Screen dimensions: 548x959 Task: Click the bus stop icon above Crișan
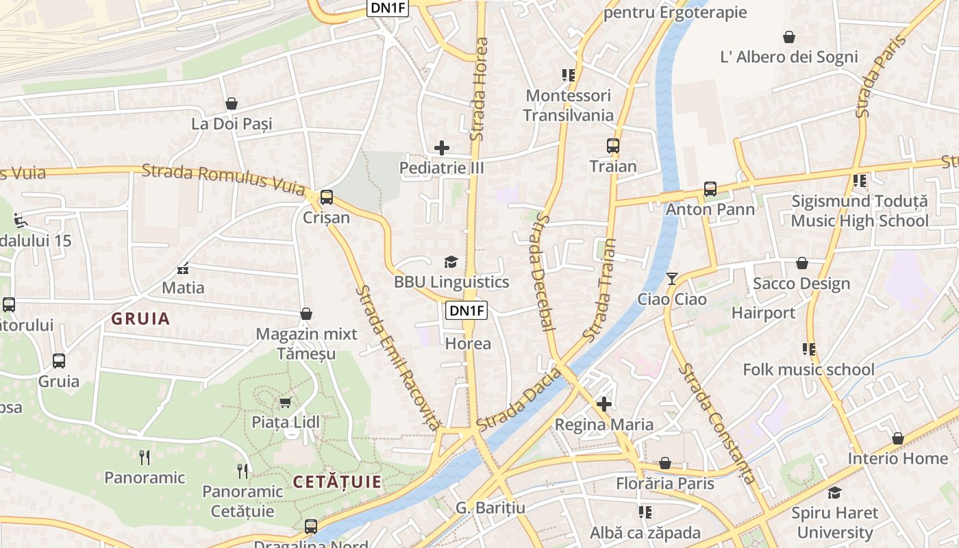pyautogui.click(x=327, y=197)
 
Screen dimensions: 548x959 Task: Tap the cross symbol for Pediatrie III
pyautogui.click(x=442, y=147)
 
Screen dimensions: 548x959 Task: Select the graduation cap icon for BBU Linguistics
pyautogui.click(x=451, y=262)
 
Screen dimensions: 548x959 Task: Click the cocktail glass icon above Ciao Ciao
pyautogui.click(x=672, y=278)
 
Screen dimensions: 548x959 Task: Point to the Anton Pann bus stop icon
pyautogui.click(x=710, y=189)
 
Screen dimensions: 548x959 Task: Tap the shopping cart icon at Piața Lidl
pyautogui.click(x=285, y=402)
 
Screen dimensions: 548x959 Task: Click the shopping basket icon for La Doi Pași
pyautogui.click(x=232, y=103)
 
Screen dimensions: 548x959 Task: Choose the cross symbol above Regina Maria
pyautogui.click(x=603, y=404)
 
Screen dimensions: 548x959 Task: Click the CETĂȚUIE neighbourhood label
pyautogui.click(x=337, y=482)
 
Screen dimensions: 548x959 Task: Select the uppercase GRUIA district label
pyautogui.click(x=140, y=319)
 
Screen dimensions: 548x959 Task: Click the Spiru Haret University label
pyautogui.click(x=834, y=523)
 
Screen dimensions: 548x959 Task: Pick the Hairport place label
pyautogui.click(x=763, y=313)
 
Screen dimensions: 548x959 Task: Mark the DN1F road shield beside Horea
pyautogui.click(x=466, y=310)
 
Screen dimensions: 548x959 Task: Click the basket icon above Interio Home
pyautogui.click(x=897, y=438)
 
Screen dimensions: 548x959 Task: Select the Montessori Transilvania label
pyautogui.click(x=568, y=105)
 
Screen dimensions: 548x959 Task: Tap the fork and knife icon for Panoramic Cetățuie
pyautogui.click(x=242, y=471)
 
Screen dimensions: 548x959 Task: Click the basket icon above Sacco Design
pyautogui.click(x=801, y=263)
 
